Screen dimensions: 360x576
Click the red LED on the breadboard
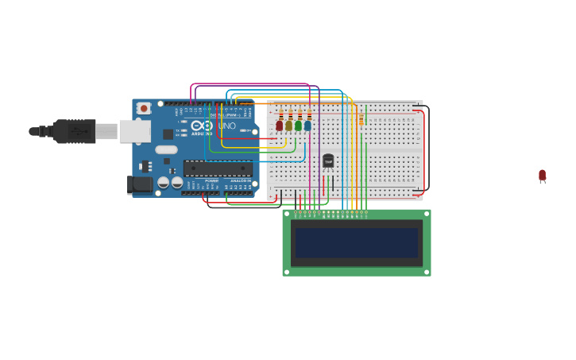click(x=279, y=126)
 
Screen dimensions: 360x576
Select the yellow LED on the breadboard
click(x=288, y=126)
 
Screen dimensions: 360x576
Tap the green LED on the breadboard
click(x=298, y=126)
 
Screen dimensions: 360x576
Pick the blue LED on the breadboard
click(x=307, y=126)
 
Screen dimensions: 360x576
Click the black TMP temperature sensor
click(x=328, y=161)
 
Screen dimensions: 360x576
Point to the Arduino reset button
click(x=144, y=108)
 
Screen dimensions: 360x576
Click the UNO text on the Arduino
click(x=227, y=126)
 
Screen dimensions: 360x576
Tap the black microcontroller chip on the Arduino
click(x=218, y=168)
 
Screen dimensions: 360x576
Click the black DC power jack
click(x=139, y=184)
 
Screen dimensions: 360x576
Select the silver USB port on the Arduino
click(x=134, y=131)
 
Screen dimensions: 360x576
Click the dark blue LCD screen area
click(x=357, y=242)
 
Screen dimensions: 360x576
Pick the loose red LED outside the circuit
click(x=542, y=175)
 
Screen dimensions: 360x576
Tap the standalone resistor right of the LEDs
click(x=361, y=119)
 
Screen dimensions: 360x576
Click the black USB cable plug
click(x=75, y=131)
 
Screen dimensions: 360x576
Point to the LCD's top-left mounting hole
click(x=287, y=214)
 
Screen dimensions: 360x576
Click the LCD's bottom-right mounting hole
click(x=427, y=272)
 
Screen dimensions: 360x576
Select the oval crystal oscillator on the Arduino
click(x=166, y=149)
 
